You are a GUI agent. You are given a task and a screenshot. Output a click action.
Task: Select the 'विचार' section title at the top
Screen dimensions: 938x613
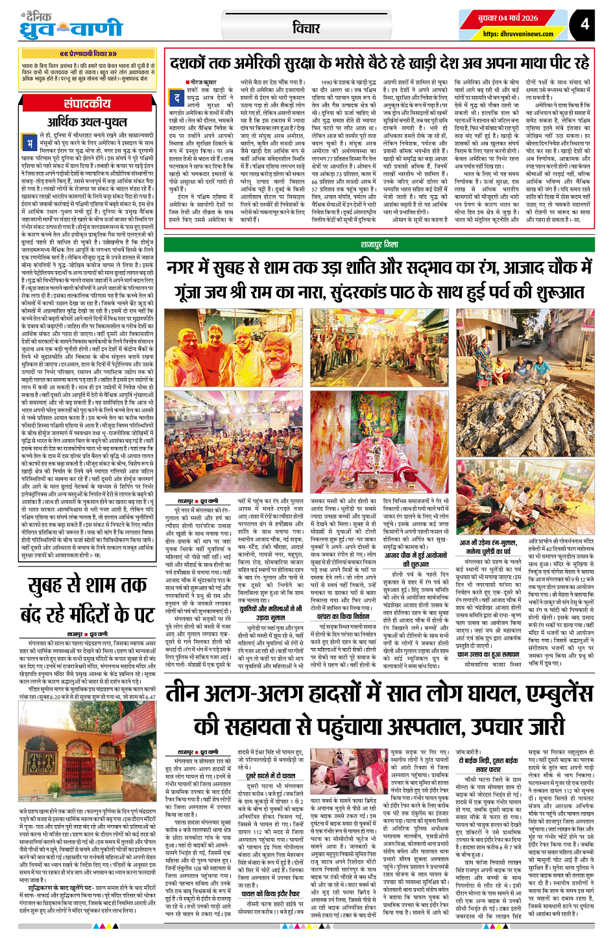[x=306, y=28]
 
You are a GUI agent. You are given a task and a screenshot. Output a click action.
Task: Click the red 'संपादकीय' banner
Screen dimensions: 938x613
[x=88, y=104]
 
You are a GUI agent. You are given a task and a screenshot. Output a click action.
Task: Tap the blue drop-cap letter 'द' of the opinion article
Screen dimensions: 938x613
[x=176, y=98]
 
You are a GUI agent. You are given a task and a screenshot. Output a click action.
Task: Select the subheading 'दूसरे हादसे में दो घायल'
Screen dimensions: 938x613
[x=270, y=776]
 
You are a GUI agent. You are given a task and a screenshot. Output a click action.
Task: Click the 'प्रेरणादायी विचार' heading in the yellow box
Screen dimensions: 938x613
[x=88, y=54]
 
